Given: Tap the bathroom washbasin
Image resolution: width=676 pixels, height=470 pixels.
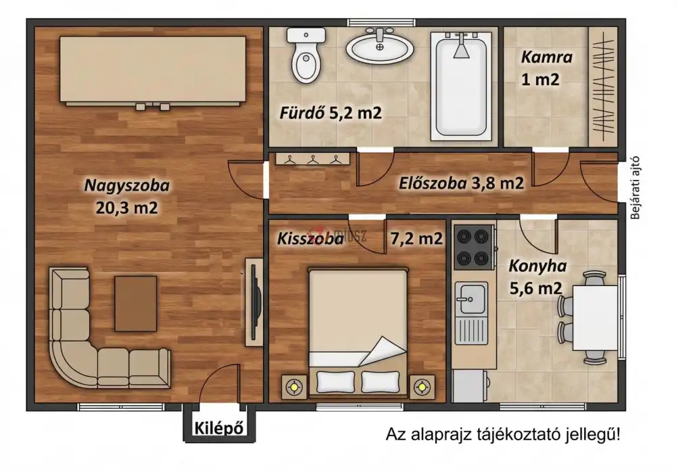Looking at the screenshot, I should point(381,47).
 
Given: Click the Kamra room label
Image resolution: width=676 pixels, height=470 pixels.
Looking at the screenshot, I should point(546,57).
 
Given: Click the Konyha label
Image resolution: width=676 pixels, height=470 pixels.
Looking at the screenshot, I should point(537,266).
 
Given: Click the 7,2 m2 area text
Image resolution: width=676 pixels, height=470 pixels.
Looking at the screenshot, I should point(416,238).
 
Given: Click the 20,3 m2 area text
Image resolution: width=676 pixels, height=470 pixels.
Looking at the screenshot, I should point(127,208).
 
